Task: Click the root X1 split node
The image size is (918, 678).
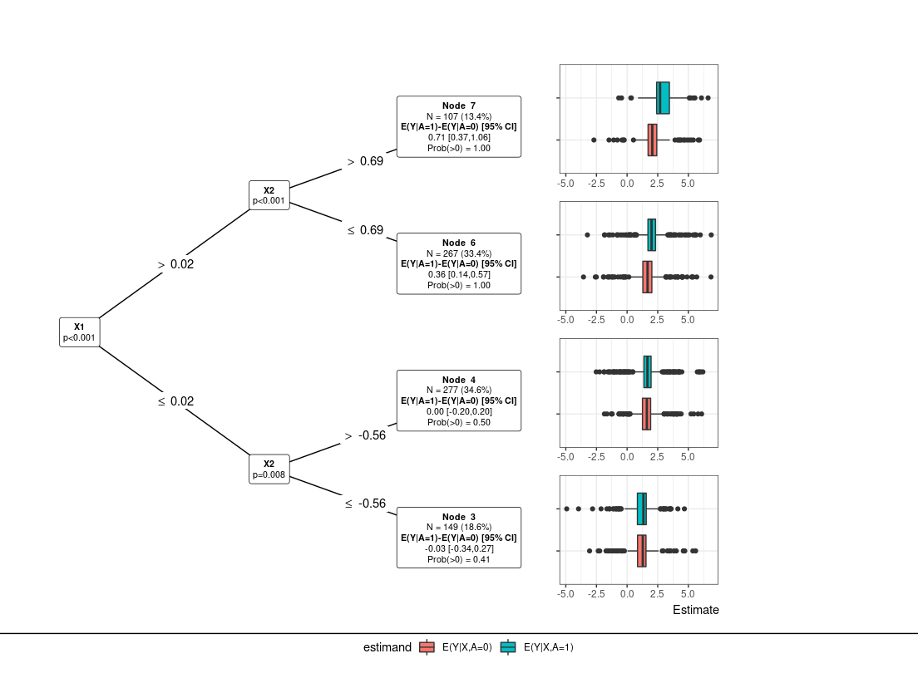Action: (x=79, y=332)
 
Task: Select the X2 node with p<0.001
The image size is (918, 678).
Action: (x=269, y=195)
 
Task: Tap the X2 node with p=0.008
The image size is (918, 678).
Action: (x=269, y=469)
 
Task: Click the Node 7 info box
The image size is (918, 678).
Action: (x=459, y=126)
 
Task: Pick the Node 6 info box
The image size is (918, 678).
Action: (x=459, y=263)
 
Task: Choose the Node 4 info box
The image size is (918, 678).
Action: (x=459, y=400)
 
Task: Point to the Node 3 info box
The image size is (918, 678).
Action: (x=459, y=538)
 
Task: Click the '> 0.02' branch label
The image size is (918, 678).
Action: (x=175, y=264)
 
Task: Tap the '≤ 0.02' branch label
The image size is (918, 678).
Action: (x=175, y=401)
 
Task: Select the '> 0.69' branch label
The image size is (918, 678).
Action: (x=365, y=161)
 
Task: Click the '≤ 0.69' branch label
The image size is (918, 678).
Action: (x=365, y=230)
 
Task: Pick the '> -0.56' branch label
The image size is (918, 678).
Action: (x=365, y=435)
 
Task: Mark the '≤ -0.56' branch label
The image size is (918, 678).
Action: (x=365, y=504)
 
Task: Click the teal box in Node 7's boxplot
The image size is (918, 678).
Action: (x=663, y=98)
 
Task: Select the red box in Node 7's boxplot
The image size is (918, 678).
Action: (x=653, y=140)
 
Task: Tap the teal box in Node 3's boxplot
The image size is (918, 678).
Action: (x=642, y=508)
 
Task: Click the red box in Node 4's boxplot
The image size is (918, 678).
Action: (x=646, y=413)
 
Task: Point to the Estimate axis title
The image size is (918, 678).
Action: (x=695, y=610)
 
